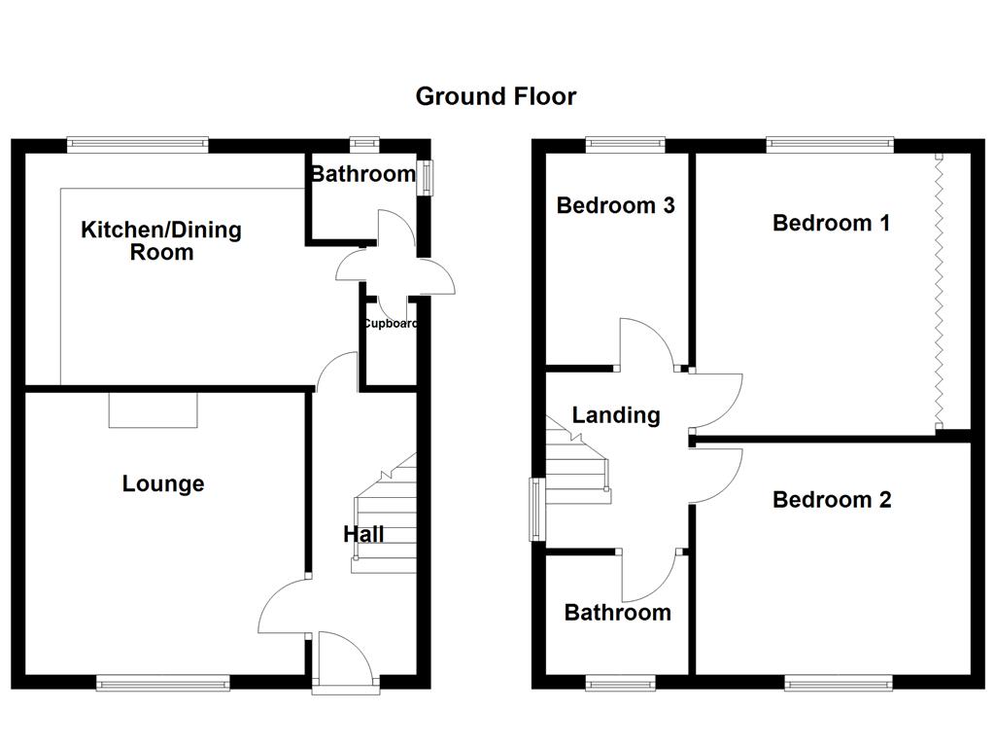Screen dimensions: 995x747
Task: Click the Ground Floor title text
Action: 496,96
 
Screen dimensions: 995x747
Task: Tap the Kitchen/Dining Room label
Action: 161,241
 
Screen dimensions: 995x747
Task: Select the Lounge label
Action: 163,484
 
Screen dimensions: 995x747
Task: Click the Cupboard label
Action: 391,323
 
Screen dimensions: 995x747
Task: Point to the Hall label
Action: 363,534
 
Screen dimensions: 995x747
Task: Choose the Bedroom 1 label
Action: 831,223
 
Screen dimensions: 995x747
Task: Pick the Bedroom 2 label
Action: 832,500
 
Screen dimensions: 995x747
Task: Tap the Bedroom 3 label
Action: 615,205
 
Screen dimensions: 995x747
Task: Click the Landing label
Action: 616,415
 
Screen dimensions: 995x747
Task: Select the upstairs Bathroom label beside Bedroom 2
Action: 617,613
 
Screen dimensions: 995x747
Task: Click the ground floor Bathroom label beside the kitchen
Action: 363,173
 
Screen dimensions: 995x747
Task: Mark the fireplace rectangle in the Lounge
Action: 153,409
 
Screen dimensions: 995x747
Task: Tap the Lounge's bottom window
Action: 163,684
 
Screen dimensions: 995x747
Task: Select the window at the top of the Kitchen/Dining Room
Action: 138,146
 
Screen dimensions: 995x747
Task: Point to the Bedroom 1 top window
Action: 830,146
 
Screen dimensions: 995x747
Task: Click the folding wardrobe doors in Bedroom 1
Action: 940,292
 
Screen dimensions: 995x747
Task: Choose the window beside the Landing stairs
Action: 536,510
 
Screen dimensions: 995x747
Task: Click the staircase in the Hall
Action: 385,515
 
